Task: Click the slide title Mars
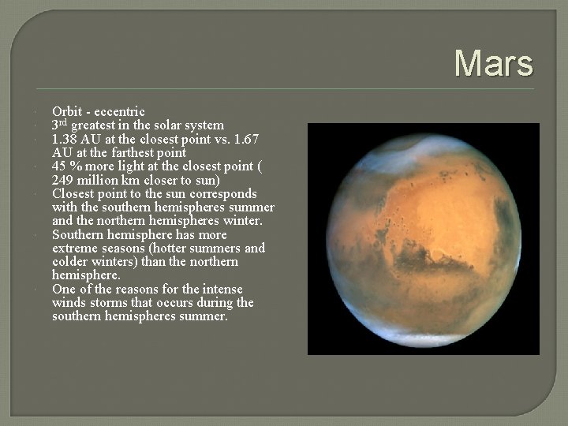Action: pos(494,63)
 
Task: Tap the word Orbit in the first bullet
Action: pos(66,111)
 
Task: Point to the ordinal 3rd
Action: pos(59,125)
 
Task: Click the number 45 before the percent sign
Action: pos(60,166)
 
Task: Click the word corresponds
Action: pos(222,193)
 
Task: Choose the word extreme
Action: pos(74,248)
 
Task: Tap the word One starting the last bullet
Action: pos(64,290)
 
